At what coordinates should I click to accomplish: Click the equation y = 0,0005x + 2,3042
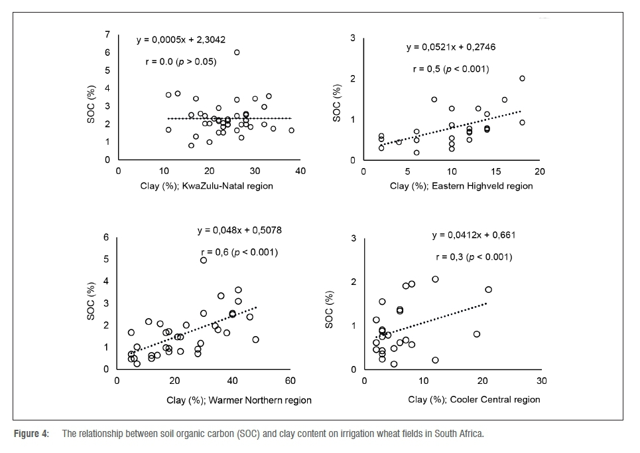pyautogui.click(x=186, y=40)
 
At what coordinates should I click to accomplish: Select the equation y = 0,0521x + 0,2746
pyautogui.click(x=451, y=47)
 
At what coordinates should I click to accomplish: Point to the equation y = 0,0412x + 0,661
pyautogui.click(x=474, y=235)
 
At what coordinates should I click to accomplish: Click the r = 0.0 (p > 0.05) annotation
pyautogui.click(x=181, y=62)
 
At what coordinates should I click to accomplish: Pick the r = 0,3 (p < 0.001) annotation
pyautogui.click(x=474, y=257)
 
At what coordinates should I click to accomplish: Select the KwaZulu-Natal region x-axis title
pyautogui.click(x=207, y=186)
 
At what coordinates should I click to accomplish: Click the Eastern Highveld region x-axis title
pyautogui.click(x=461, y=186)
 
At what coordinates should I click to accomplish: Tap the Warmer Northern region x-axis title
pyautogui.click(x=239, y=401)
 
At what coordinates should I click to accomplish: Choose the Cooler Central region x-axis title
pyautogui.click(x=474, y=399)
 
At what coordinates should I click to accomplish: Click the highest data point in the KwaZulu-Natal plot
pyautogui.click(x=237, y=52)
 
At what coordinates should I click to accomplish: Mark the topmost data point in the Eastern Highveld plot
pyautogui.click(x=522, y=78)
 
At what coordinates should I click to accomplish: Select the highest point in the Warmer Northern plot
pyautogui.click(x=204, y=260)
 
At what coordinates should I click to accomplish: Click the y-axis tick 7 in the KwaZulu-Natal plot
pyautogui.click(x=109, y=34)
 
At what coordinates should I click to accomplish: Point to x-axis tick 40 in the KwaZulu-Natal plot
pyautogui.click(x=300, y=171)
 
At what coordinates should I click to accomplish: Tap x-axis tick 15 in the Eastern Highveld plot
pyautogui.click(x=495, y=171)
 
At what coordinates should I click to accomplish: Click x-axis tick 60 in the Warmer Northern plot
pyautogui.click(x=290, y=381)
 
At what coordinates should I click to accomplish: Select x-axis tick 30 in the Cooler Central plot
pyautogui.click(x=541, y=381)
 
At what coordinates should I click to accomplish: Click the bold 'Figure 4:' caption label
pyautogui.click(x=32, y=434)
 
